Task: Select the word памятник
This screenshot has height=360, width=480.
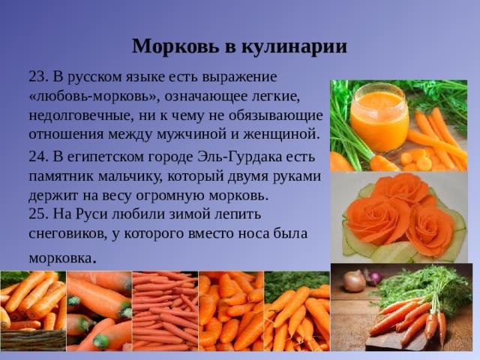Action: tap(63, 177)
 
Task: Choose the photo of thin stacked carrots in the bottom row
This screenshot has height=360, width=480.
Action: tap(164, 310)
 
